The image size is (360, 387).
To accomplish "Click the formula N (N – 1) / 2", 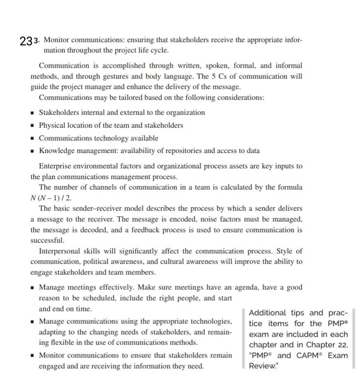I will pyautogui.click(x=48, y=197).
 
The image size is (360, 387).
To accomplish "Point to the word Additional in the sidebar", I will pyautogui.click(x=267, y=313).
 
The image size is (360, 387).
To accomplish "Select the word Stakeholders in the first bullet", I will pyautogui.click(x=59, y=112).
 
